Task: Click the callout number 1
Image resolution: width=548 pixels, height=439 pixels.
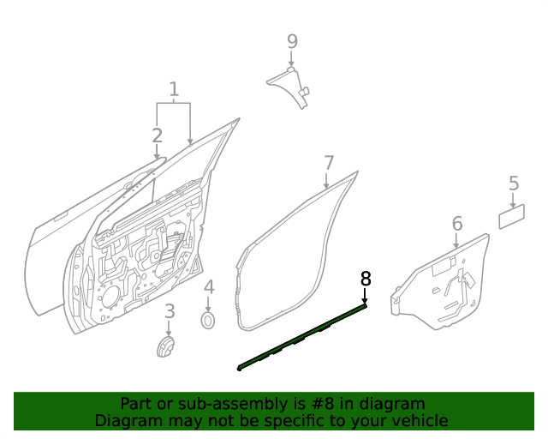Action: (174, 89)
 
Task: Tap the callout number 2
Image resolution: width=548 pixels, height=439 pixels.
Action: (157, 135)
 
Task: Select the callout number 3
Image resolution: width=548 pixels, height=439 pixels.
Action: (170, 311)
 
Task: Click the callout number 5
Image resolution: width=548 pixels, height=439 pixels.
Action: (514, 183)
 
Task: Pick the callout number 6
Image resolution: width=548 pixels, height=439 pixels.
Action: (457, 224)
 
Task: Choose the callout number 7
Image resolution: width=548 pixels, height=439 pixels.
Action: (328, 162)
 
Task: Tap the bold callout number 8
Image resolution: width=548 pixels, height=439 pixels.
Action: (366, 278)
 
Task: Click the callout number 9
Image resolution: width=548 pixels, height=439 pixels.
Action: (292, 40)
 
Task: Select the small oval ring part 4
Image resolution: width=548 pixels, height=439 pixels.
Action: (208, 321)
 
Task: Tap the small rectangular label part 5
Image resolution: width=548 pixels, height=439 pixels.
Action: (512, 216)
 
